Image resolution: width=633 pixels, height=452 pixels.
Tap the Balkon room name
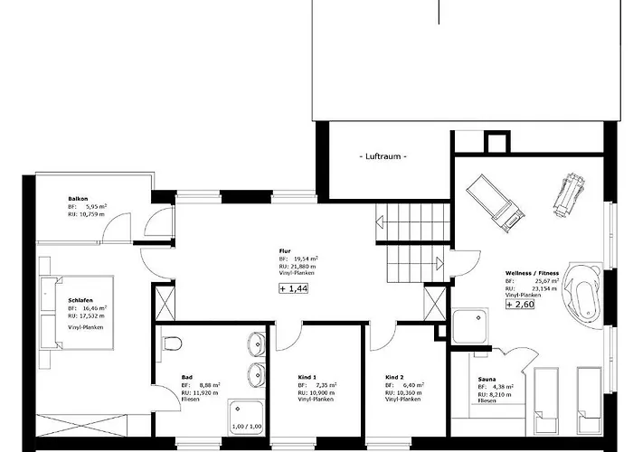click(x=77, y=198)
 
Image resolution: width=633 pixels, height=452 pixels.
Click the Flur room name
click(x=286, y=250)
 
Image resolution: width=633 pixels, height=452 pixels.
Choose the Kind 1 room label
click(x=307, y=376)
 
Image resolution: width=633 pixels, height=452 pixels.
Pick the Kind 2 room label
click(x=393, y=376)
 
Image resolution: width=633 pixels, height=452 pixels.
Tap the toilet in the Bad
click(x=173, y=343)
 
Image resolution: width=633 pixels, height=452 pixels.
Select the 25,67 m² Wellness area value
click(x=546, y=280)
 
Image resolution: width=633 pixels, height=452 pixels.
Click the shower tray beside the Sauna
click(x=470, y=325)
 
